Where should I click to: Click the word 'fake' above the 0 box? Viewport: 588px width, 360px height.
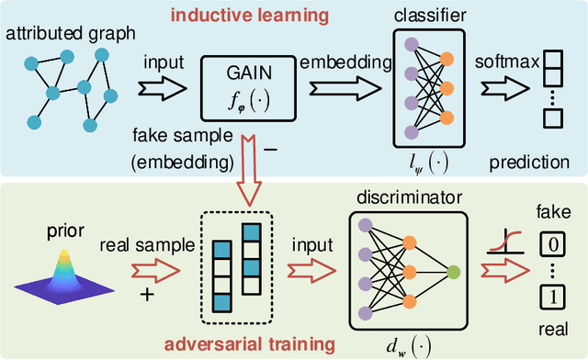pyautogui.click(x=549, y=212)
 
